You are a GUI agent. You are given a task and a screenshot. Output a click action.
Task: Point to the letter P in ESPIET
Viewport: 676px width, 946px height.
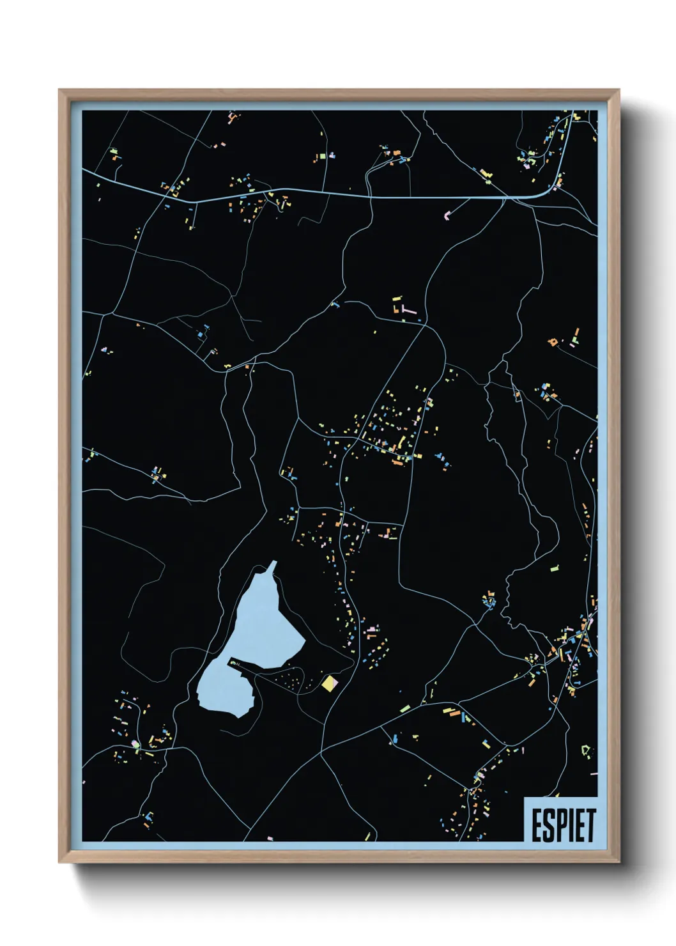(563, 825)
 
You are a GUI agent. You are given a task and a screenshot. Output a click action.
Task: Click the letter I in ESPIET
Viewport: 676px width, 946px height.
(572, 825)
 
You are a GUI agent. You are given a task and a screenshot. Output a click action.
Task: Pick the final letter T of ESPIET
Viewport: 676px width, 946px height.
(590, 825)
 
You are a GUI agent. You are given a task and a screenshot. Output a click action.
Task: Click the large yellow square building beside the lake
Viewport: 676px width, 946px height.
(329, 684)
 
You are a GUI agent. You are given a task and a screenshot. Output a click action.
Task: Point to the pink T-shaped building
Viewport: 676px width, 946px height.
(407, 309)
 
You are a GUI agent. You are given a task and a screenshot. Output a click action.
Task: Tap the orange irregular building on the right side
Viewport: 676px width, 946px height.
(553, 342)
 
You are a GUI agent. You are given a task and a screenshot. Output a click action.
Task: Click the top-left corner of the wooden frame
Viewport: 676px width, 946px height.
(59, 90)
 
